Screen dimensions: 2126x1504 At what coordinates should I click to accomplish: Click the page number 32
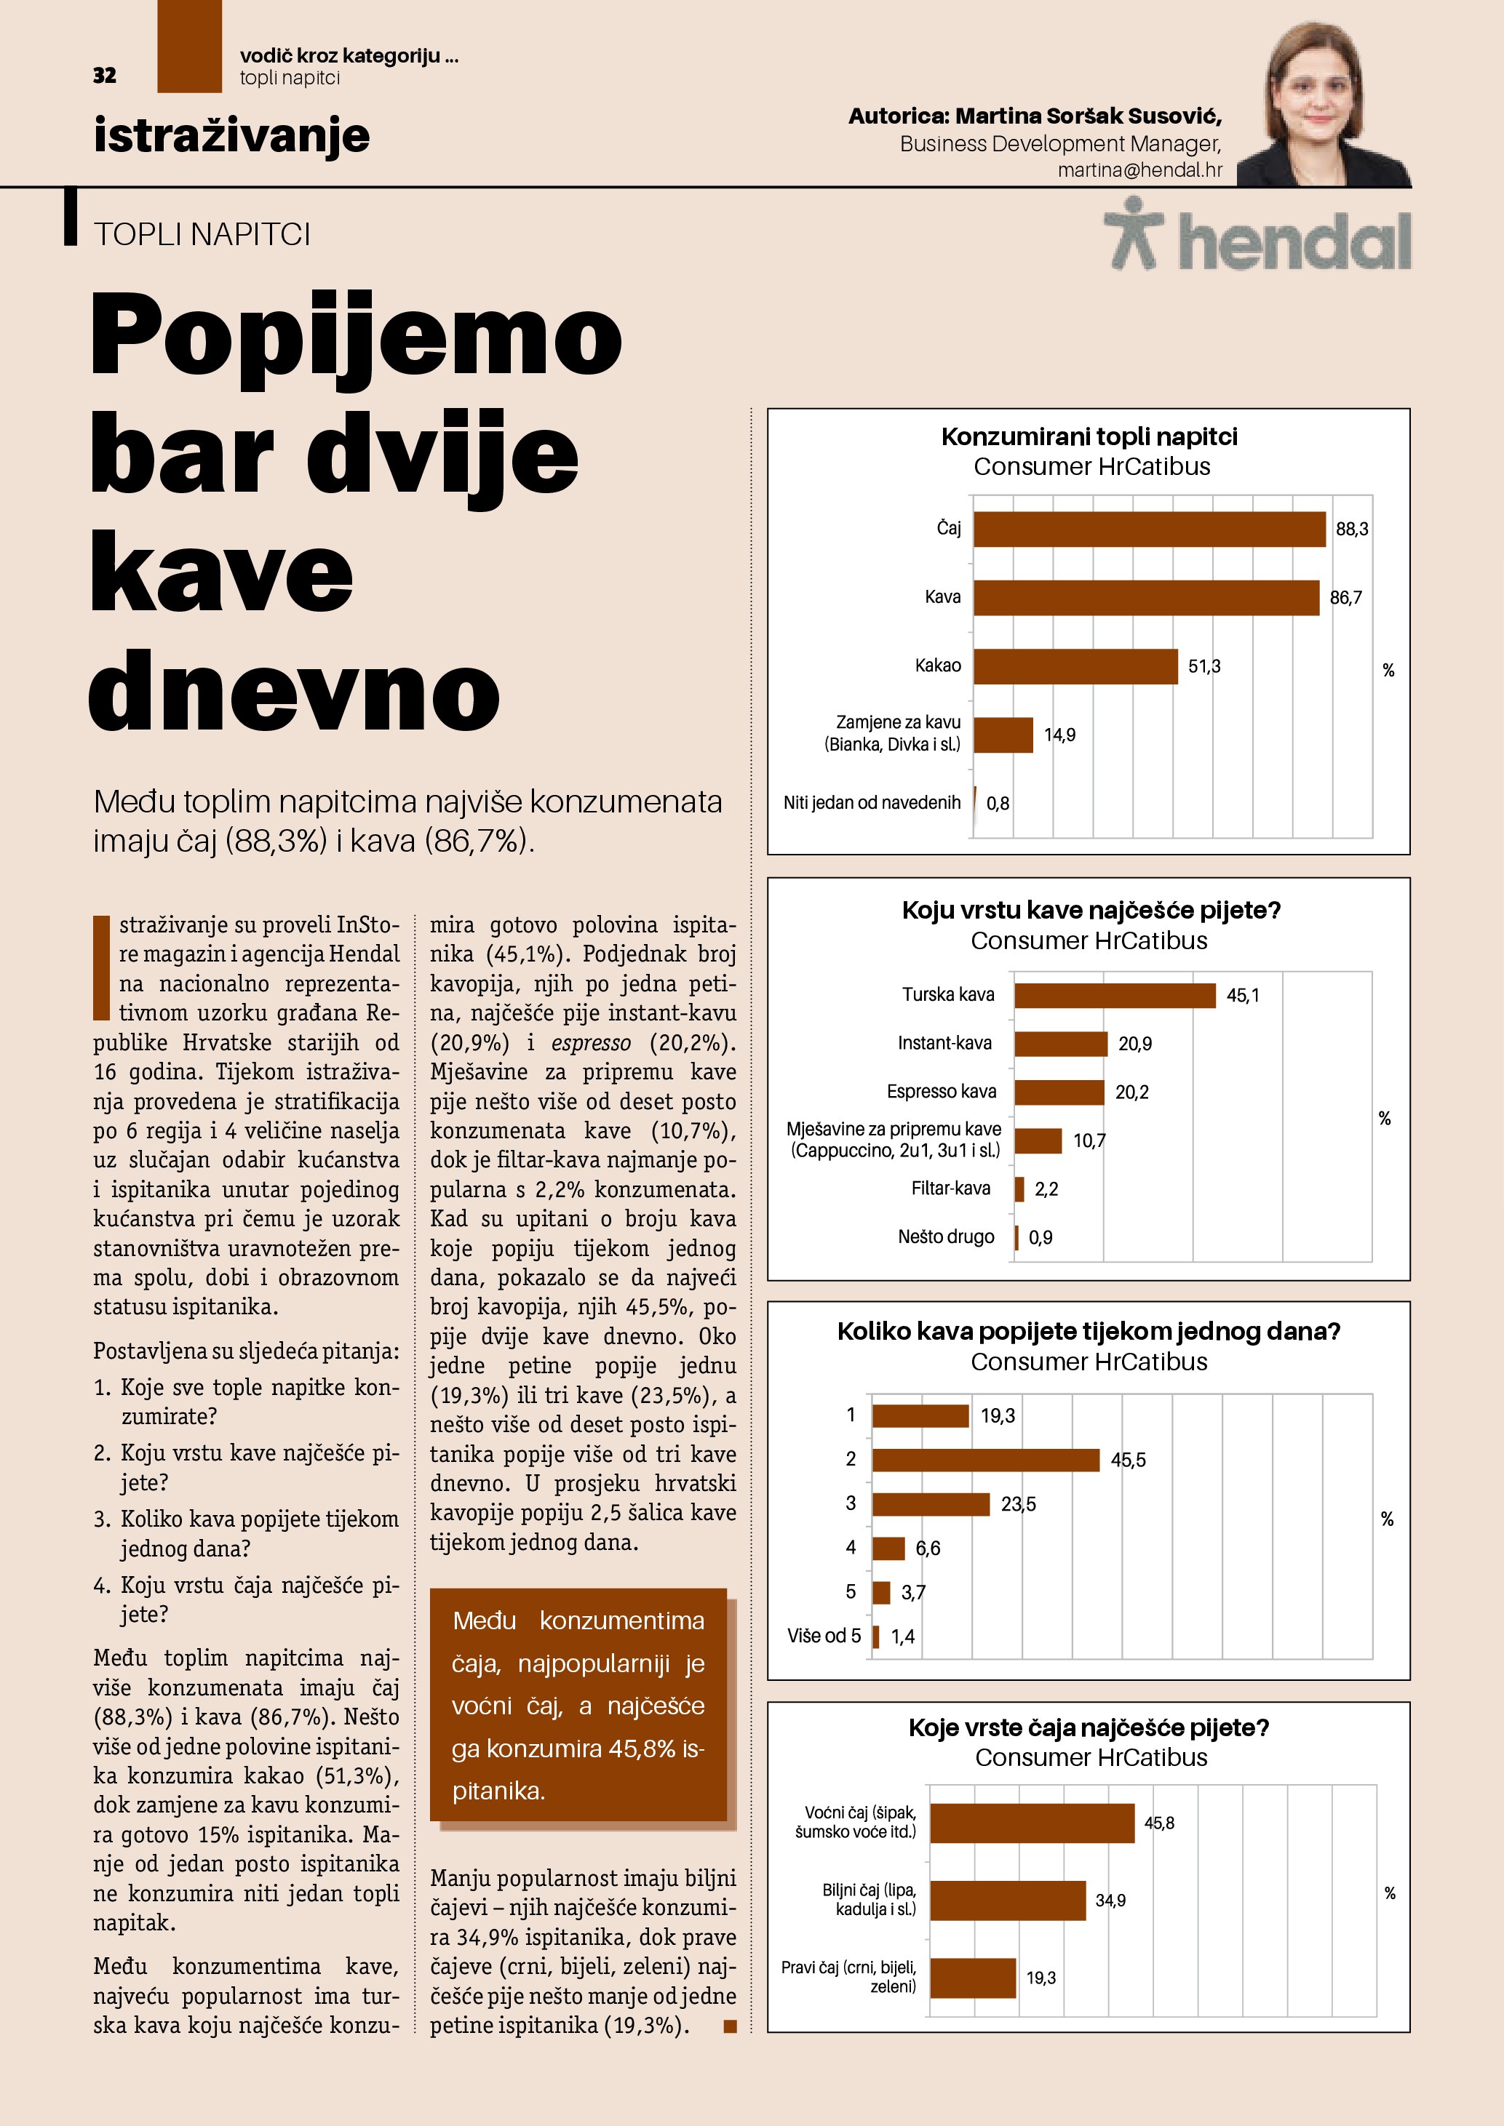(x=105, y=75)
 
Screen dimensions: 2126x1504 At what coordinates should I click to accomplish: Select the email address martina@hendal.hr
(x=1139, y=170)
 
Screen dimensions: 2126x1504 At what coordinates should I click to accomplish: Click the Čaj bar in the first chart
(x=1148, y=529)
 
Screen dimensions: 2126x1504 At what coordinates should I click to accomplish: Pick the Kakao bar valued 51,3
(x=1074, y=666)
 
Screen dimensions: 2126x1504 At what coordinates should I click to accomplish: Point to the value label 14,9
(x=1059, y=735)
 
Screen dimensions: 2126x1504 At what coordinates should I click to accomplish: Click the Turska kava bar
(x=1114, y=996)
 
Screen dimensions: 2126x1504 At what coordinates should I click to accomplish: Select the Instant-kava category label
(x=944, y=1042)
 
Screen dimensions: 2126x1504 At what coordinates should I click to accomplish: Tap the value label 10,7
(x=1089, y=1140)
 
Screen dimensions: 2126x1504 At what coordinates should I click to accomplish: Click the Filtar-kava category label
(x=950, y=1188)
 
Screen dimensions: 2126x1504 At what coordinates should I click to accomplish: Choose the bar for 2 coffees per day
(x=985, y=1459)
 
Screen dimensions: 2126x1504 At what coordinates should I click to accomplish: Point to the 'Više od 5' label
(x=824, y=1637)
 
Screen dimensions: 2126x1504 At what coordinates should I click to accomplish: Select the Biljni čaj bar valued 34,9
(x=1008, y=1900)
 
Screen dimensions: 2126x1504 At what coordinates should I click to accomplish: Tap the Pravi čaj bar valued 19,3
(x=972, y=1978)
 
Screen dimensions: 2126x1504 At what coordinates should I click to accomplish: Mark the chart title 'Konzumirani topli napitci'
(x=1089, y=437)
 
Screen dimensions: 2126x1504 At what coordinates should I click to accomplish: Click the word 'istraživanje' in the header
(x=231, y=135)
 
